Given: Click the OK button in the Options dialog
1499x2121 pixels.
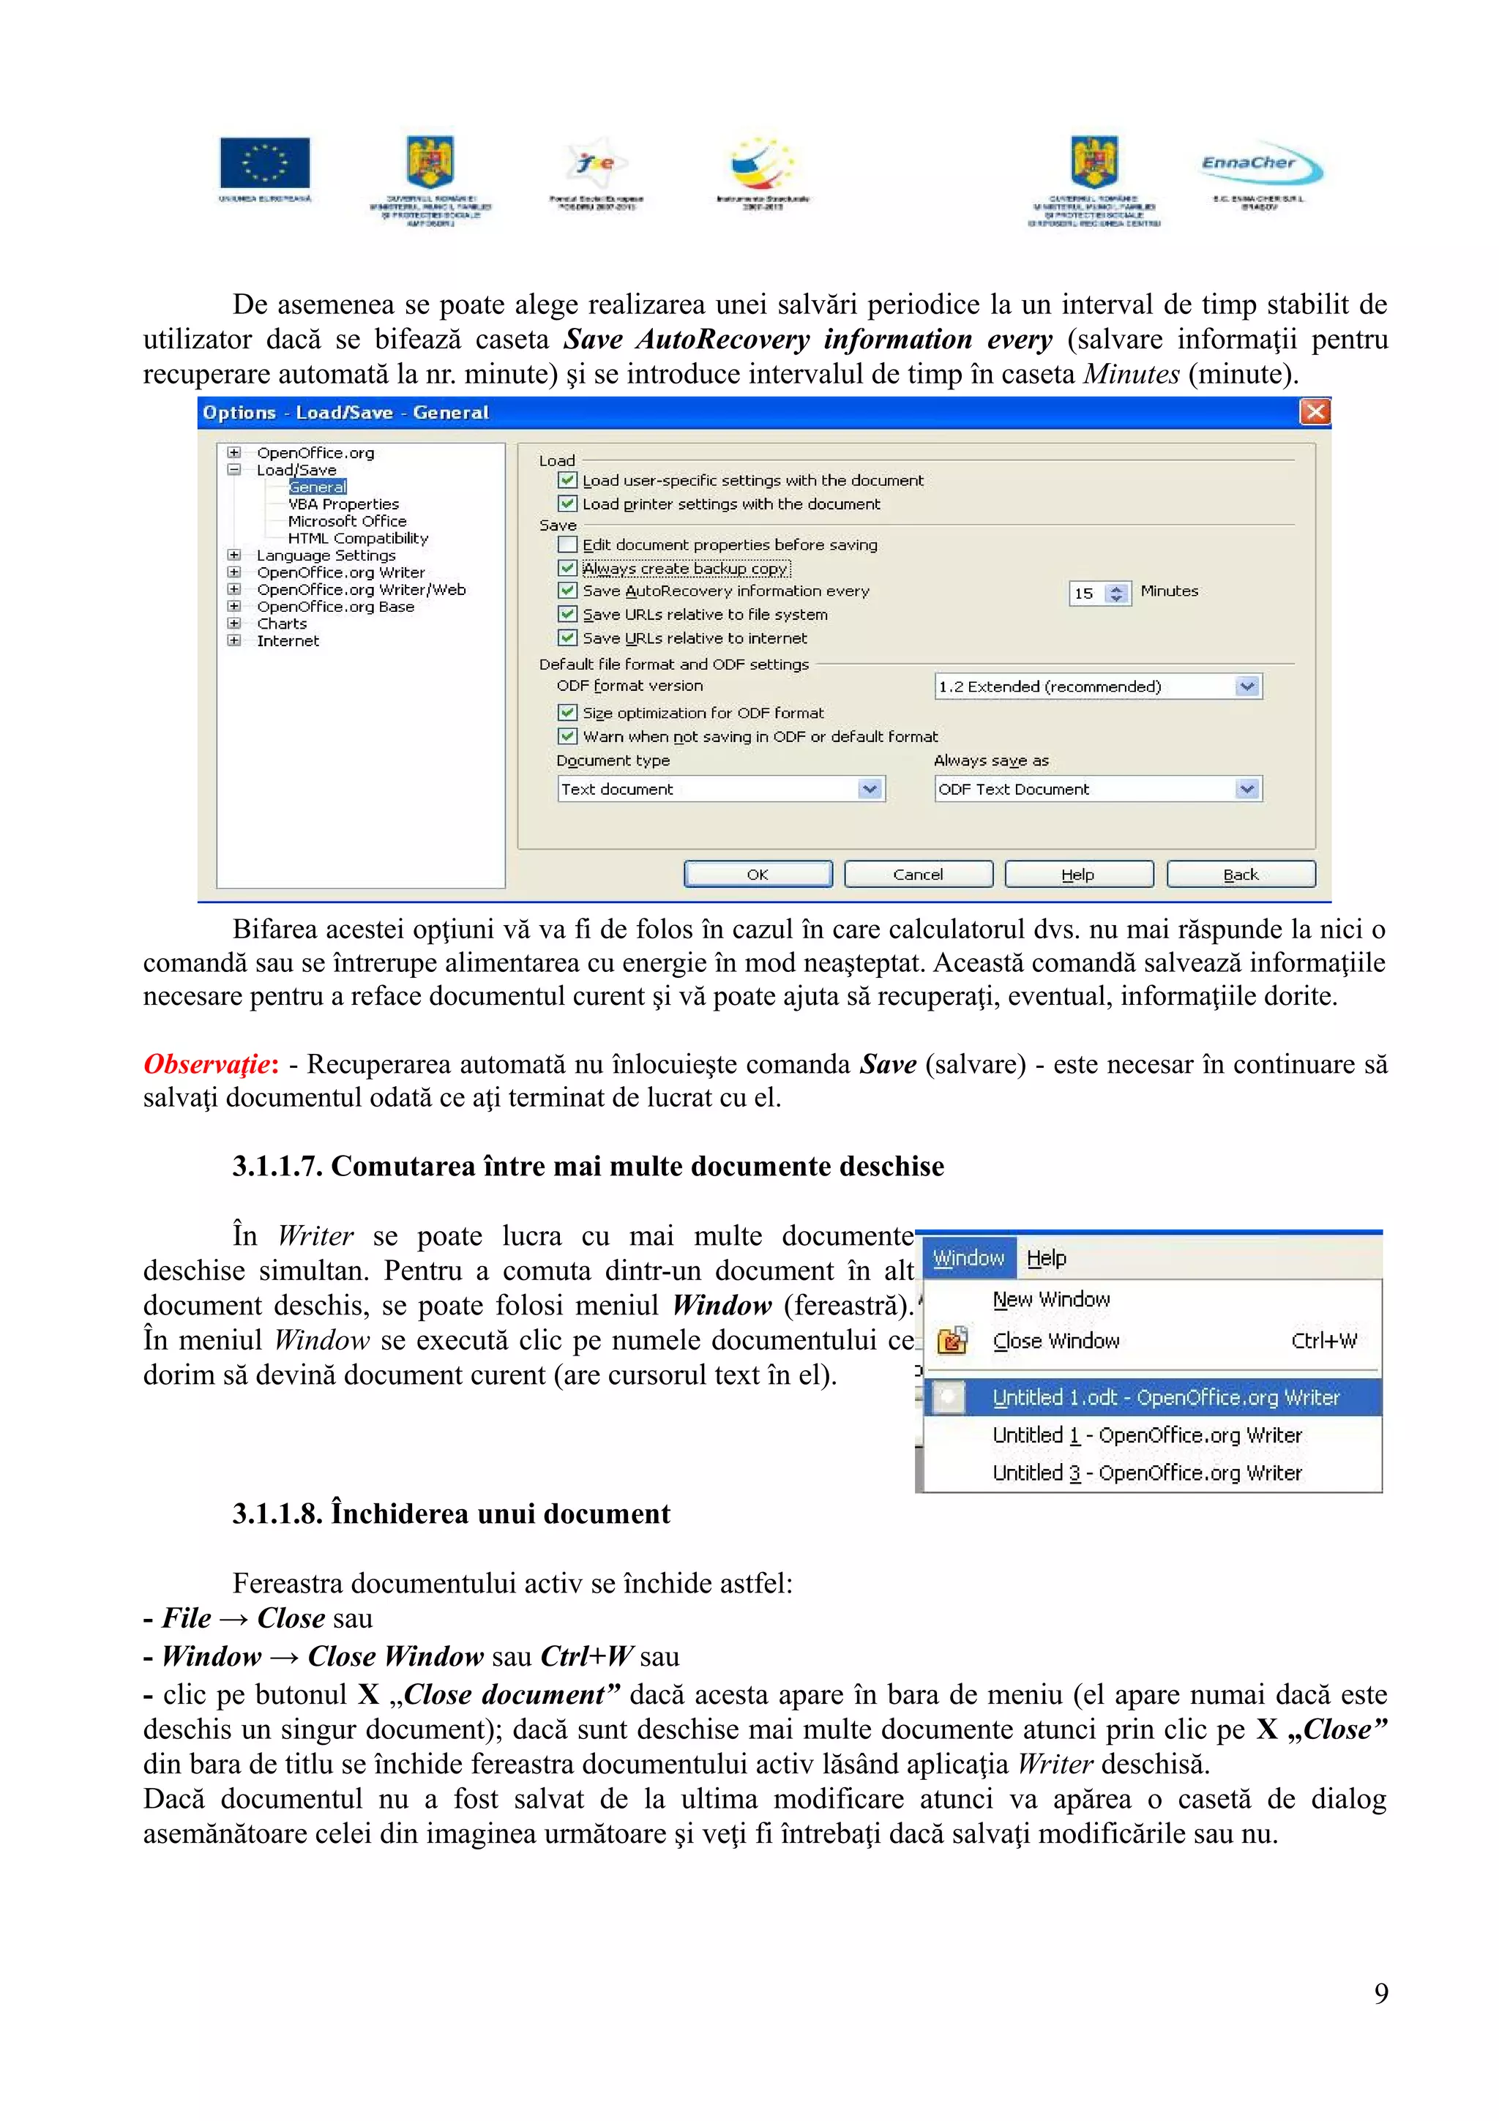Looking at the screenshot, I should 758,874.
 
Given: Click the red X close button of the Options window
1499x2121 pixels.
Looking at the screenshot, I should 1315,412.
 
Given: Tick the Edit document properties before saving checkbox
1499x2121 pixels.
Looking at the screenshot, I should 568,544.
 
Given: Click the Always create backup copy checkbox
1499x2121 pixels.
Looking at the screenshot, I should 568,568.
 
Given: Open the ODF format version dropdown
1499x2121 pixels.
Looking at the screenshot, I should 1247,687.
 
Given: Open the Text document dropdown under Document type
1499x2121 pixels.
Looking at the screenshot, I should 869,789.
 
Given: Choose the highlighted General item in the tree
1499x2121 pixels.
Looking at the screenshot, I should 317,487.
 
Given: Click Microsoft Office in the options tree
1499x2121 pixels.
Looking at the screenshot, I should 346,521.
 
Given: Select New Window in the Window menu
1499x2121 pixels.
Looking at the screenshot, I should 1051,1299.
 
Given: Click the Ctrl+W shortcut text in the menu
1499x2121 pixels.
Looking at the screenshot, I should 1323,1340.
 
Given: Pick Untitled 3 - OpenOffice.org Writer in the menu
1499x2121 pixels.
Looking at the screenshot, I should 1146,1473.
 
